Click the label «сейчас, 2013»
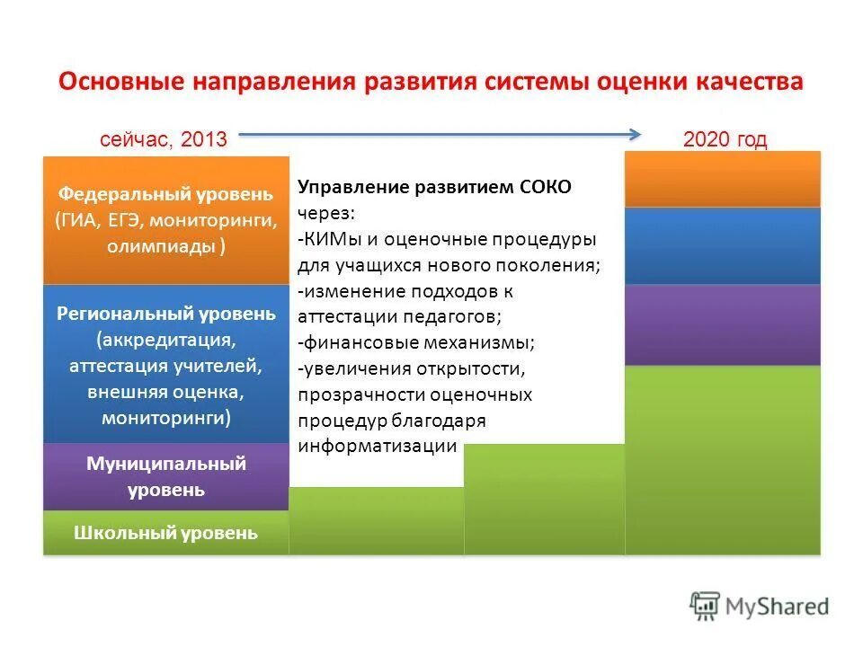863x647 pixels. click(163, 139)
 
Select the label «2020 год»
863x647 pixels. click(725, 139)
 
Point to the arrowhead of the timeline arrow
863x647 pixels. click(635, 135)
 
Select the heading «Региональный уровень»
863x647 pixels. click(166, 314)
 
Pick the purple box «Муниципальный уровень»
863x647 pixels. click(165, 477)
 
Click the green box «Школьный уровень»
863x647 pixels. click(165, 533)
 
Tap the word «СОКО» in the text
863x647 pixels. click(546, 187)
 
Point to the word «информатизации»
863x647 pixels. click(378, 447)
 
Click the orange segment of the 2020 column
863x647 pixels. click(723, 179)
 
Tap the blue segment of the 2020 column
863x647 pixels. click(723, 245)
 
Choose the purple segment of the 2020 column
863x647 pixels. click(723, 324)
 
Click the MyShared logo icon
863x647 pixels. click(706, 607)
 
